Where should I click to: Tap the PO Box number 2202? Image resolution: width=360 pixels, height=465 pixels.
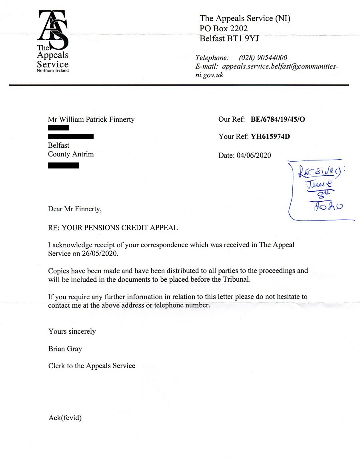[236, 28]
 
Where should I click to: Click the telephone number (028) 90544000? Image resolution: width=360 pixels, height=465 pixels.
[263, 58]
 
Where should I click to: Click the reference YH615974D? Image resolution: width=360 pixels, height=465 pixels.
[270, 136]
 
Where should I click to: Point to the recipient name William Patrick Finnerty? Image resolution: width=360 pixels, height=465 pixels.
[97, 119]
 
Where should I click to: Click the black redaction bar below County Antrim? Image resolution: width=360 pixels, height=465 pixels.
[63, 165]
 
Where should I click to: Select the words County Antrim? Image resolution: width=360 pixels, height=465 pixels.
[71, 154]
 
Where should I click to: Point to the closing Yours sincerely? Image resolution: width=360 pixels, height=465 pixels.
[72, 331]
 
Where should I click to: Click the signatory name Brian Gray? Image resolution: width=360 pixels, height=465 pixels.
[65, 349]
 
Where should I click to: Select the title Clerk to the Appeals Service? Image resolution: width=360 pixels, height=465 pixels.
[92, 365]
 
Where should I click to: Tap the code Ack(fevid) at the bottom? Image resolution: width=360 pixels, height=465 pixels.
[65, 418]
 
